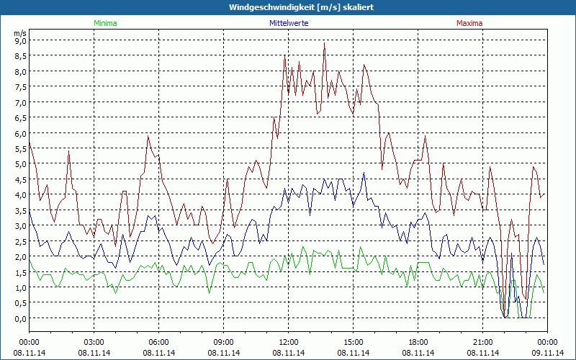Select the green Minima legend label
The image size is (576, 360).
click(104, 23)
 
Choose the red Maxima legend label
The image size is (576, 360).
click(469, 23)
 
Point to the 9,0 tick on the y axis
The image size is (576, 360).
click(20, 40)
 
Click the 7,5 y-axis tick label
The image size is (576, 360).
click(20, 87)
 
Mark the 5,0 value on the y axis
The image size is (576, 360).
click(20, 164)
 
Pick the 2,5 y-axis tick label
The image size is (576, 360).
click(20, 241)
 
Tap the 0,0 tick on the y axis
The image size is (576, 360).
click(20, 318)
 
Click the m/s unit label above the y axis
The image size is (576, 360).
click(20, 33)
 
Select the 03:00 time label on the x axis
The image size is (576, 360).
click(94, 342)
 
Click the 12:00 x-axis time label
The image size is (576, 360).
click(289, 342)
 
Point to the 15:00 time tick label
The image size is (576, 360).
click(354, 342)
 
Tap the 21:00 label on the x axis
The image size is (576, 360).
click(483, 342)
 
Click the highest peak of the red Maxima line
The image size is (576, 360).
click(325, 43)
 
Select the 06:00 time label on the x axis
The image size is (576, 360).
click(159, 342)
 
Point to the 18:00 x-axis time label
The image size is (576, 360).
click(418, 342)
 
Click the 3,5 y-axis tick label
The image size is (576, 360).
click(20, 210)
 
